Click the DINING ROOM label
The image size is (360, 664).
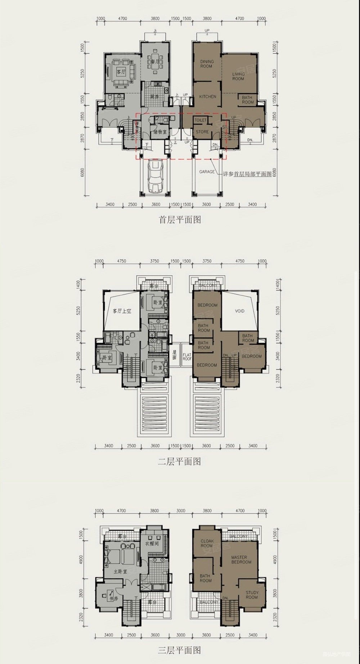207,64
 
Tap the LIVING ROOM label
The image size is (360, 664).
238,76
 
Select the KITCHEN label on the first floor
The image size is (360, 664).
208,96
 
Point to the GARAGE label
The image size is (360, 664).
207,172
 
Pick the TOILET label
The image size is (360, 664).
201,120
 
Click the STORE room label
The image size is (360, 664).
202,132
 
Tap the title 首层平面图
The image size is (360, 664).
180,220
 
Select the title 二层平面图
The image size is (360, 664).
179,461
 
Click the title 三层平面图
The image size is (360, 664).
179,650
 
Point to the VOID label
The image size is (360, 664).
239,311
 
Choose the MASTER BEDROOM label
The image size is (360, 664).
241,560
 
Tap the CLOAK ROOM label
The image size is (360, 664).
207,543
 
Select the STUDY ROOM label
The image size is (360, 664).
252,595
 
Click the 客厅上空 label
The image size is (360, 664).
122,311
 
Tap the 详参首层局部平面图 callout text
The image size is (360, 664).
247,174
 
